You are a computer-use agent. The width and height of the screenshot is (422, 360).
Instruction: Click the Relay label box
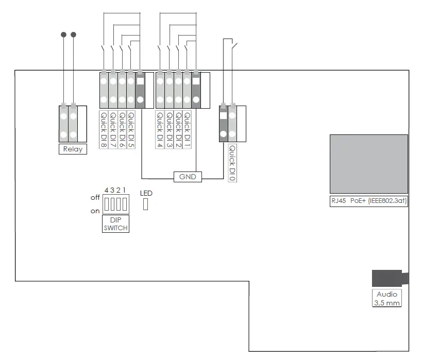point(72,149)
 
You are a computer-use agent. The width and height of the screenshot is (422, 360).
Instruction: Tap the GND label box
point(188,177)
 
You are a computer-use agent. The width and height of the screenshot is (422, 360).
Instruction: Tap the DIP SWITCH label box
point(115,224)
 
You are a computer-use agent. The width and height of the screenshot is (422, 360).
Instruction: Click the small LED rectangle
point(145,204)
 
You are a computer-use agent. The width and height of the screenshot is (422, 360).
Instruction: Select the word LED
point(146,193)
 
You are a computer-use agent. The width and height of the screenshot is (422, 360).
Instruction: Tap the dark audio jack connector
point(390,278)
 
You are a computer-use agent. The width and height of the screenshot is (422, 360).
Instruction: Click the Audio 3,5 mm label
point(386,298)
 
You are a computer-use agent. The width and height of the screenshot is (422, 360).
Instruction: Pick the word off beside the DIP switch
point(95,198)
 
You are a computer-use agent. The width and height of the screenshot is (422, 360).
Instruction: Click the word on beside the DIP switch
point(95,211)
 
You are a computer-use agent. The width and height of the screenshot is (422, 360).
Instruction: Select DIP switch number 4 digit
point(106,190)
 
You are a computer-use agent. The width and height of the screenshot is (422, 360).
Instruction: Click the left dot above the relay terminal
point(63,35)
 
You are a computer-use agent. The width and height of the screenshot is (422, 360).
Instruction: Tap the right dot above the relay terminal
point(73,35)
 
